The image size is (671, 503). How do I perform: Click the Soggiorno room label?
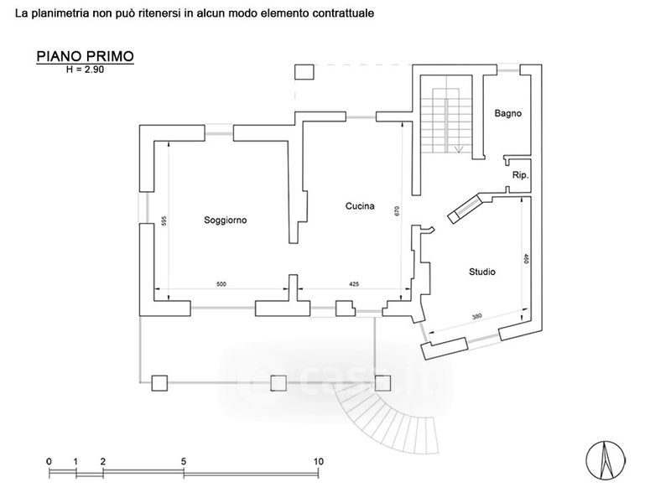[225, 220]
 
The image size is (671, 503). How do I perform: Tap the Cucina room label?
[360, 206]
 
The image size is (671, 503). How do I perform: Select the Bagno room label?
[508, 113]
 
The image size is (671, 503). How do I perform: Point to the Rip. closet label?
[520, 175]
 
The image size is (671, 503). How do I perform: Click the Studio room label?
[482, 272]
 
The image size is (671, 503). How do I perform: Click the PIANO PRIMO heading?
[86, 56]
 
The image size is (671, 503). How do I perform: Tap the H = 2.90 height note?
[85, 70]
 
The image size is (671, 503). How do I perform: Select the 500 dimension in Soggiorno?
[221, 284]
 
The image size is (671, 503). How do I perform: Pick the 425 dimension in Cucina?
[354, 284]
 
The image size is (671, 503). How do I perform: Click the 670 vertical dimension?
[397, 211]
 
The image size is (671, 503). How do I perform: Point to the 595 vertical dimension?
[164, 221]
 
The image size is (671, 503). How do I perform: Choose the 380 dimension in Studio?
[476, 317]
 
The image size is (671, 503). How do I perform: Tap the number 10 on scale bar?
[318, 462]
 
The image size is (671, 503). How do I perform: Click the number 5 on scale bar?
[184, 462]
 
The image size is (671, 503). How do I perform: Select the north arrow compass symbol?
[605, 460]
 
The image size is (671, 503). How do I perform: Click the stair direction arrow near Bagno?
[459, 150]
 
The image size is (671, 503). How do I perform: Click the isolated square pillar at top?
[304, 72]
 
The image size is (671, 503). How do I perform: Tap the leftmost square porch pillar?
[159, 383]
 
